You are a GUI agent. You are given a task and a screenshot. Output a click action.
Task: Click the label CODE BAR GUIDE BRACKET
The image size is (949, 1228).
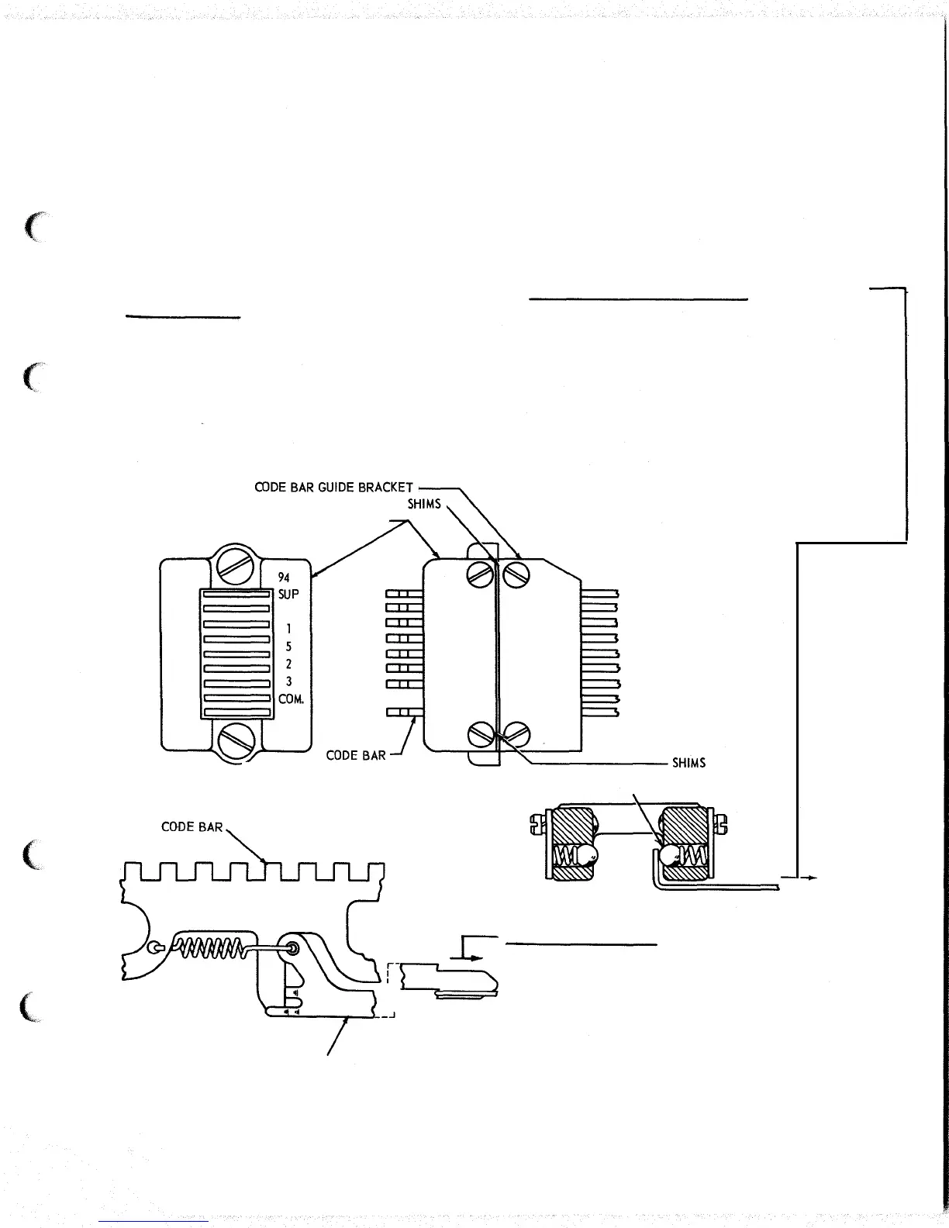[x=333, y=488]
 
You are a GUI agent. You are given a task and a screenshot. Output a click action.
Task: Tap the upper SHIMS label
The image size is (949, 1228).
[x=424, y=504]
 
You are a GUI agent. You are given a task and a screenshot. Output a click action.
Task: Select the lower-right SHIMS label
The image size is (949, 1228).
[x=688, y=763]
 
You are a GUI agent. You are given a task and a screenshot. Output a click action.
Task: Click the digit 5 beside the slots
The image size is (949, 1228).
[x=288, y=646]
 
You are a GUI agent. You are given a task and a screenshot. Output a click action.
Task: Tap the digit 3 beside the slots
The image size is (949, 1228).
[x=288, y=681]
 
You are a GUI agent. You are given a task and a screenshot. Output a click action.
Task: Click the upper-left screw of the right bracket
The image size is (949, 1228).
[x=481, y=574]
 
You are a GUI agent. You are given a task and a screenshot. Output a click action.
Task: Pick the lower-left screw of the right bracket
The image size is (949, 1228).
[x=481, y=733]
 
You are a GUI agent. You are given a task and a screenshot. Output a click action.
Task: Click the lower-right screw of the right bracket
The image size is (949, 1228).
[x=516, y=733]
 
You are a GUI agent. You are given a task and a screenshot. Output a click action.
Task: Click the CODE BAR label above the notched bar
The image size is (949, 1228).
[x=192, y=827]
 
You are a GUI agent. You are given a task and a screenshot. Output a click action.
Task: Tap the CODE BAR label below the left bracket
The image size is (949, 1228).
[x=356, y=755]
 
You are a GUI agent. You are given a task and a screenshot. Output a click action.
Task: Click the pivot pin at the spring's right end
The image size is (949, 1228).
[x=293, y=946]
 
